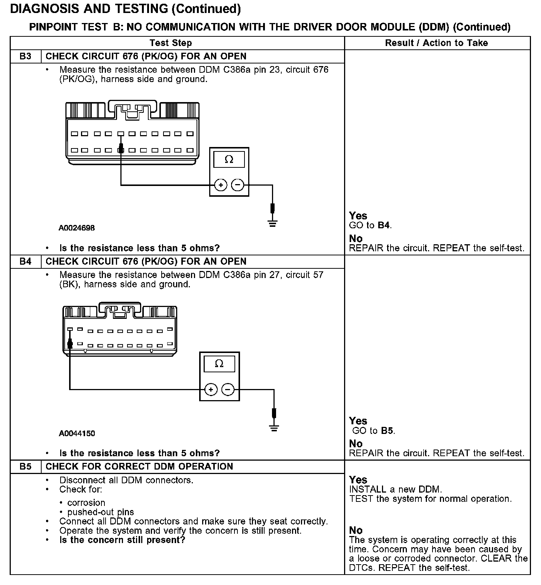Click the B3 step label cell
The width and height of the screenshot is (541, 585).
tap(25, 56)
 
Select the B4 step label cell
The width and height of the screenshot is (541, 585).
tap(25, 262)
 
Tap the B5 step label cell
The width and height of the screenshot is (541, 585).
tap(25, 467)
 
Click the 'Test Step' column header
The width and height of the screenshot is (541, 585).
tap(171, 43)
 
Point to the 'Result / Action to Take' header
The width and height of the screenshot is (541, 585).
tap(436, 43)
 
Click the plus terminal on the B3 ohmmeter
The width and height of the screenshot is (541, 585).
tap(221, 185)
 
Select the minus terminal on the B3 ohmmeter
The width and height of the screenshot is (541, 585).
tap(238, 185)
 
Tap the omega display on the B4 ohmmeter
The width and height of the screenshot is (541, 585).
tap(219, 364)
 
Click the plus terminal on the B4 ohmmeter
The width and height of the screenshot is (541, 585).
tap(211, 389)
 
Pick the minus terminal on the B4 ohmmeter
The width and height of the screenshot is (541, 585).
tap(228, 389)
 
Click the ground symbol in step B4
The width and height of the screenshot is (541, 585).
tap(274, 428)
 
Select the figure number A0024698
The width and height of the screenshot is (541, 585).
tap(77, 228)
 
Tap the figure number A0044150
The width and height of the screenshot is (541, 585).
tap(77, 433)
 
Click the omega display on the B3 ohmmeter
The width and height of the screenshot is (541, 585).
tap(229, 160)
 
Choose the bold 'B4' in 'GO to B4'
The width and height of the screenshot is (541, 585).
tap(384, 225)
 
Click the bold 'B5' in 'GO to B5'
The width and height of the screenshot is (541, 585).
tap(387, 431)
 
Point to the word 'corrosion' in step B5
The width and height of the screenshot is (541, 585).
tap(86, 503)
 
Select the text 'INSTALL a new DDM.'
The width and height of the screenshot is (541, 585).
tap(395, 489)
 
